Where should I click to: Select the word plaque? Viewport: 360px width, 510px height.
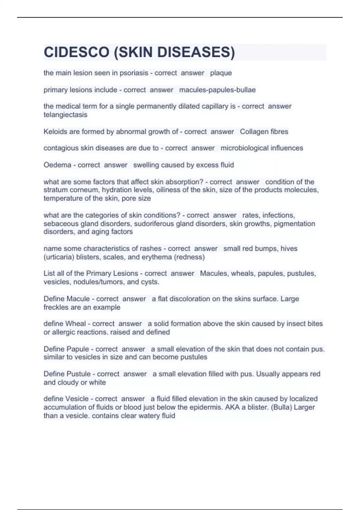(221, 73)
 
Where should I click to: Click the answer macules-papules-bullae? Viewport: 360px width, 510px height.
(217, 90)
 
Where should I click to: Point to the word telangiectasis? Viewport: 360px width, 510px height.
(65, 115)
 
